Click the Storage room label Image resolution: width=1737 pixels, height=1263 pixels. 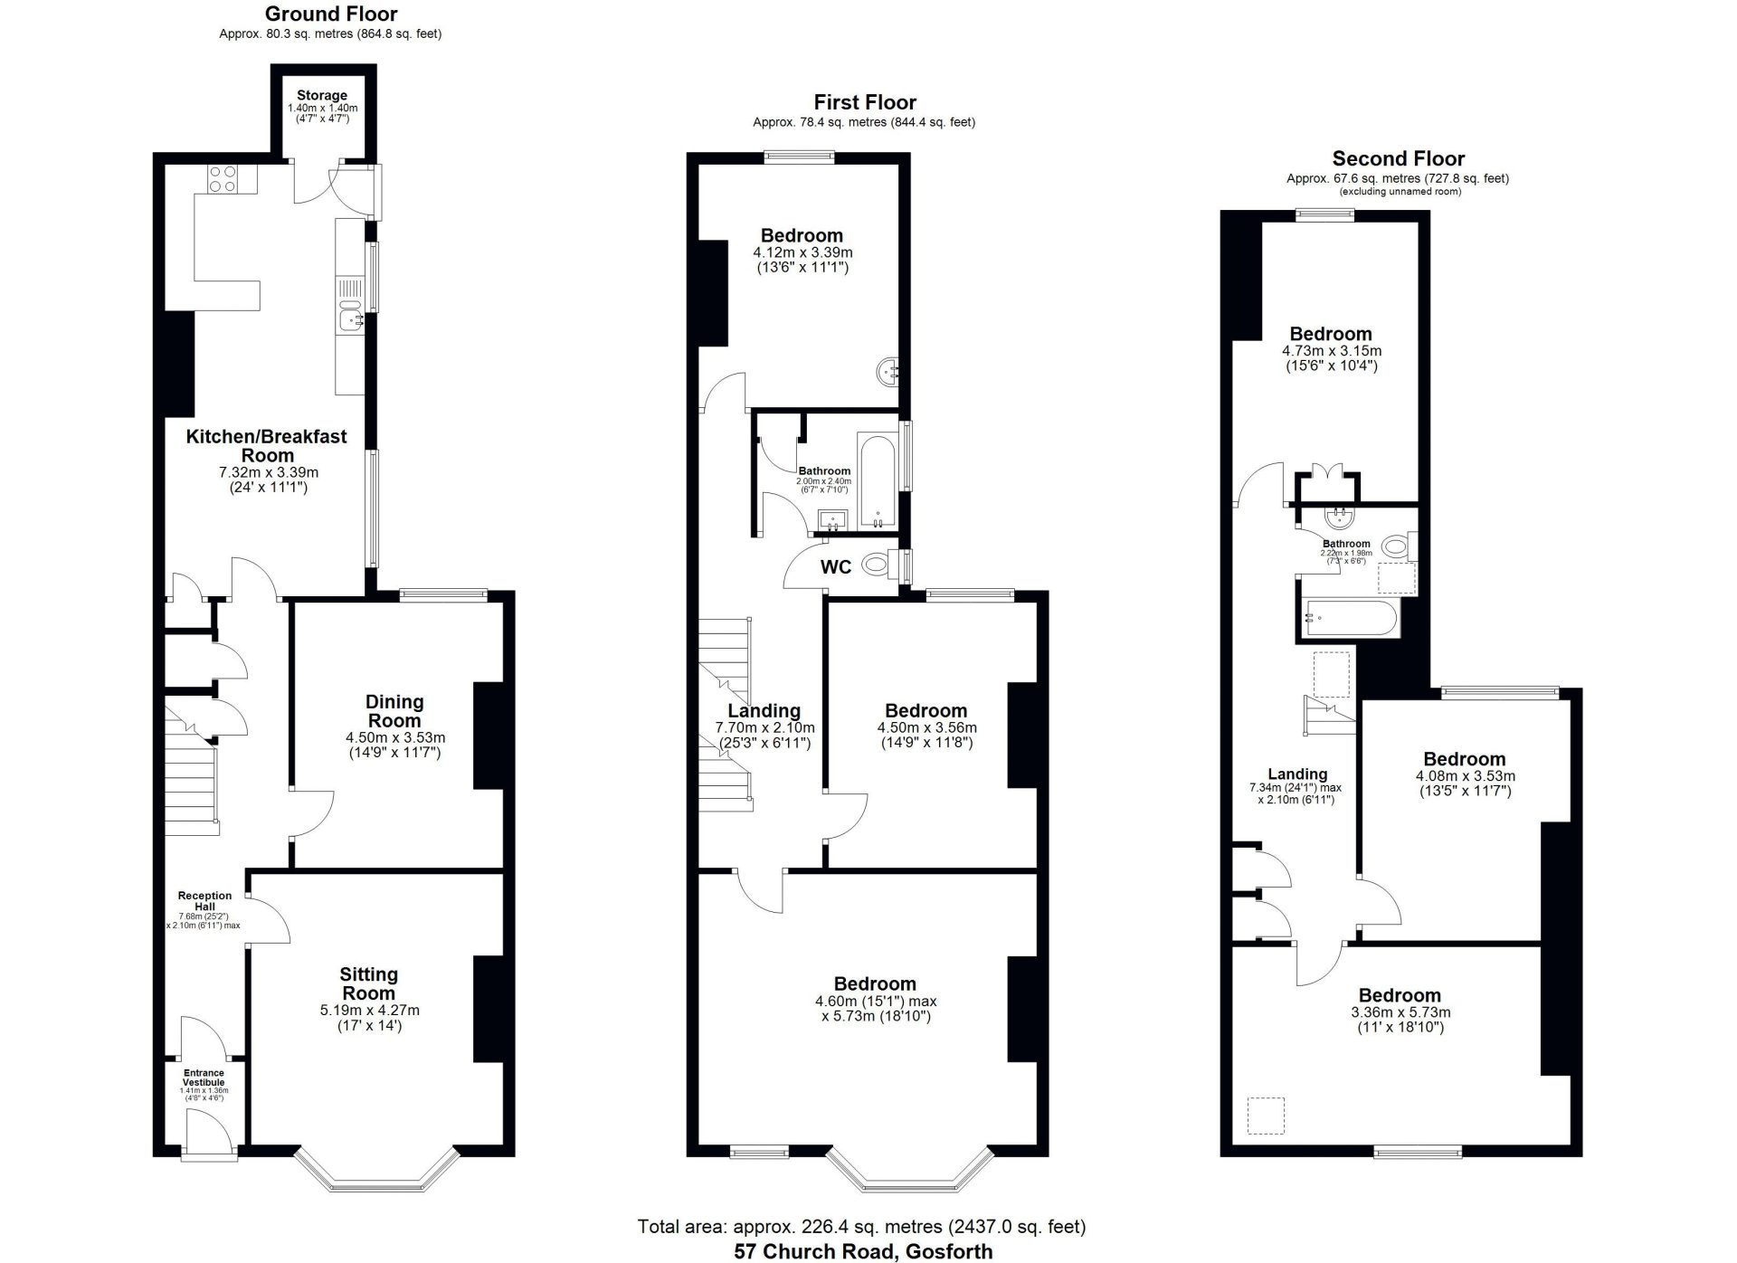pos(322,95)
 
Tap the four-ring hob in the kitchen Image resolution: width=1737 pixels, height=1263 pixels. pos(223,179)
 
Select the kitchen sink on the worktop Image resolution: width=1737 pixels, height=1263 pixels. pos(350,318)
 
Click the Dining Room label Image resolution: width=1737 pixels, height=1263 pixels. pos(394,711)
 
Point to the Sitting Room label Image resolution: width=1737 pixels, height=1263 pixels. pos(369,983)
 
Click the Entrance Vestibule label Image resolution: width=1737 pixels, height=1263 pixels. pos(204,1078)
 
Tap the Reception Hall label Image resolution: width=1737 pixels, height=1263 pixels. pos(205,901)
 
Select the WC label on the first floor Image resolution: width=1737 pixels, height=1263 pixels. pos(836,567)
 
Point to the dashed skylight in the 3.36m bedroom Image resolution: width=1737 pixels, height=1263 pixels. pos(1266,1116)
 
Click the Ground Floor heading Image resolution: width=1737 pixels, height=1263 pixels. pos(331,14)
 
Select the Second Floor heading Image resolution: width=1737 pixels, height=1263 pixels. pos(1399,158)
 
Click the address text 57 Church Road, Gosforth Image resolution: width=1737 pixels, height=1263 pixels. pos(863,1251)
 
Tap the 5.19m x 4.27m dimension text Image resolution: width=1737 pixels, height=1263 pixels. pos(370,1011)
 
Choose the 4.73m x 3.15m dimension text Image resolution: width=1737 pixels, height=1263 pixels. pos(1332,351)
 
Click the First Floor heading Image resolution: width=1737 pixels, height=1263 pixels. pos(865,102)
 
